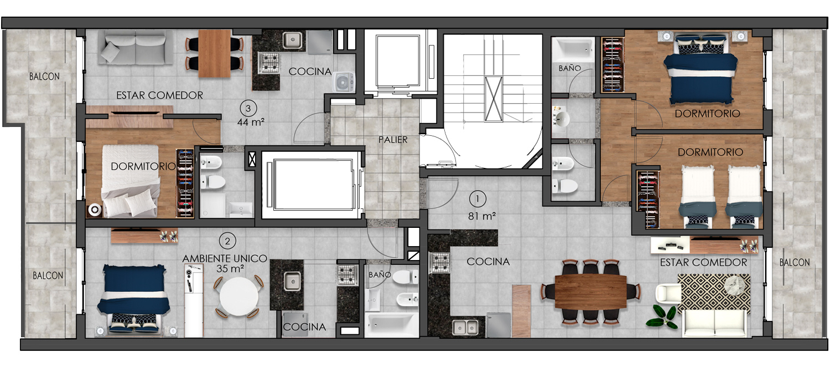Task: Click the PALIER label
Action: [393, 140]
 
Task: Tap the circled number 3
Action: [248, 108]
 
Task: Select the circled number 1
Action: [478, 199]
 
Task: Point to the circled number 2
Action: [227, 241]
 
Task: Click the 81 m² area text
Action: [482, 216]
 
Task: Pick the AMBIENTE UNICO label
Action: [225, 258]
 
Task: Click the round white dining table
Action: [239, 297]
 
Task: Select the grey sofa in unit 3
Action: [135, 48]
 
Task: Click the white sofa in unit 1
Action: [714, 323]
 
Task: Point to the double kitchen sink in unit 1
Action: [465, 328]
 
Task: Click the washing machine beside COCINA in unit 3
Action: [344, 82]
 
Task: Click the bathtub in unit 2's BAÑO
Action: [391, 325]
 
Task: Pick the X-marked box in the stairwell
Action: [494, 99]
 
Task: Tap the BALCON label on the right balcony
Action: [795, 263]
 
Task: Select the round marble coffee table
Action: [735, 286]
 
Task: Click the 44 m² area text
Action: [251, 122]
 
